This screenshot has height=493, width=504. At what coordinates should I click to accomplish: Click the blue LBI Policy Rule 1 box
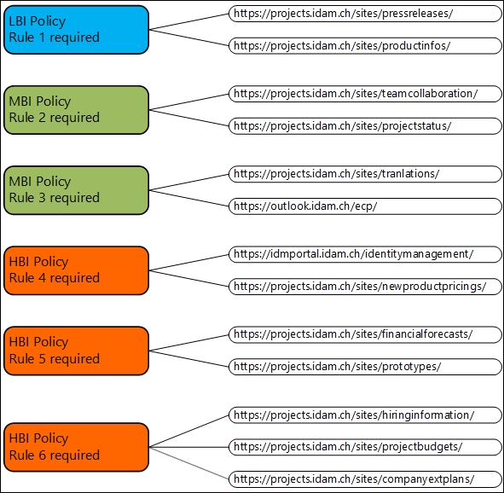76,30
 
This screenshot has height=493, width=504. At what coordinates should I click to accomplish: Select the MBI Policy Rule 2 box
76,110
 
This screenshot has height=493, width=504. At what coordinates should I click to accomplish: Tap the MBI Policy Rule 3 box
76,190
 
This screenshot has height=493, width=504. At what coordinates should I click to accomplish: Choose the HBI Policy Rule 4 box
76,270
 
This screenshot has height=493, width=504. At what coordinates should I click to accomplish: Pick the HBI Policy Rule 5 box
76,351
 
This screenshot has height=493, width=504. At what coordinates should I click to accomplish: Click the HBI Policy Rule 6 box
76,447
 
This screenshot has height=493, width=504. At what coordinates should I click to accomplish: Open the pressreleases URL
365,14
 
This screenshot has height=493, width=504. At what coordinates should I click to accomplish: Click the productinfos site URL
365,46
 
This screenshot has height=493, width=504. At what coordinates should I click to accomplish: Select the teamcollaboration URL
365,94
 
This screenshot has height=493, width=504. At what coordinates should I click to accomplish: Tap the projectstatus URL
365,126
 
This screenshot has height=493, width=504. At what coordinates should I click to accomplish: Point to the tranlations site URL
365,174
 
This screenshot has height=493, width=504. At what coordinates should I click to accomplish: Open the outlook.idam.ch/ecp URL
365,206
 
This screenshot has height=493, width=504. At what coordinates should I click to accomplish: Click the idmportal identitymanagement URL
365,254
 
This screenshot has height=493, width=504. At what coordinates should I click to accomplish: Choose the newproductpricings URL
365,287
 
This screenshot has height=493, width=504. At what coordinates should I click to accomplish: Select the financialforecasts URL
365,335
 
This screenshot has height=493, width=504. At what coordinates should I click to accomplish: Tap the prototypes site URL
365,367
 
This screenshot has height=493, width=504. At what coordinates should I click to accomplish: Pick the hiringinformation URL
365,415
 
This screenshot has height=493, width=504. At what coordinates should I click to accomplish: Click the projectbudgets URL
365,447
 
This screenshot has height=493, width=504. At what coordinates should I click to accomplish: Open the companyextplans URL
365,479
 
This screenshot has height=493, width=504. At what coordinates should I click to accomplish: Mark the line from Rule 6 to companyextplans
189,463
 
